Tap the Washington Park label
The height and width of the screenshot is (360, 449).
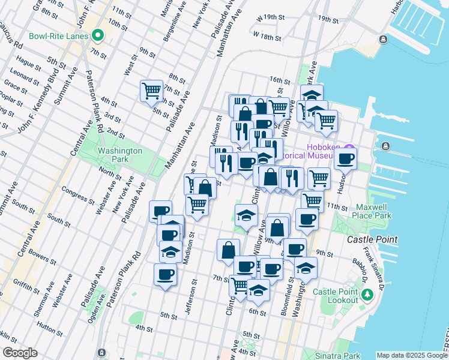point(120,155)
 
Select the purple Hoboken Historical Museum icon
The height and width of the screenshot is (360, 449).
point(349,148)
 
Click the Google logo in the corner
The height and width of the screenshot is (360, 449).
point(20,353)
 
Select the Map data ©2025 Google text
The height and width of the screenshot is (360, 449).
point(411,355)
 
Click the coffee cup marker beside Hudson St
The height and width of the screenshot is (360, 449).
point(346,159)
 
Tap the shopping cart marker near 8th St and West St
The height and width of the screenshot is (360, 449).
point(151,91)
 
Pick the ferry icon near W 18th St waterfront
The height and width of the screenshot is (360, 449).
point(383,40)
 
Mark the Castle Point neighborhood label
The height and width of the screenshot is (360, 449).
point(372,239)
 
